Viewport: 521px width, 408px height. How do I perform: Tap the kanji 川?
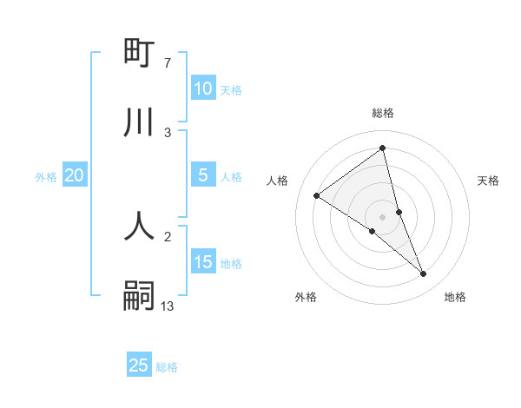point(139,122)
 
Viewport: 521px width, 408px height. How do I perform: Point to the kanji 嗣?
point(139,295)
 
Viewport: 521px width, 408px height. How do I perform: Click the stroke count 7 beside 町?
point(168,63)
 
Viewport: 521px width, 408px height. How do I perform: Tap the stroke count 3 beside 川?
point(168,132)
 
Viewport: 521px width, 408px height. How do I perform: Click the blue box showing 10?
point(202,89)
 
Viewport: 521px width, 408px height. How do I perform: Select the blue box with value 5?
point(202,175)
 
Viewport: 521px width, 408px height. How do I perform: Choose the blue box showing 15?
point(202,262)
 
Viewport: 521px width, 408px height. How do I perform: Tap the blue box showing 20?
point(74,175)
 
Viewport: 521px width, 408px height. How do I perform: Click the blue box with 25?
point(139,365)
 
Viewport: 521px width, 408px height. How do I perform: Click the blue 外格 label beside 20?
point(46,177)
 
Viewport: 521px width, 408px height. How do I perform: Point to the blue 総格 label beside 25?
point(167,367)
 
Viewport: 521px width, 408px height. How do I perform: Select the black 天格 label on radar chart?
point(488,181)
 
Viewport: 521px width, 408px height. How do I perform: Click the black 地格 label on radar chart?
point(455,297)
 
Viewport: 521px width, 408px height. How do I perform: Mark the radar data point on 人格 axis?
point(316,195)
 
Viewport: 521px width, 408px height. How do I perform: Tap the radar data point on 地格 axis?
point(424,274)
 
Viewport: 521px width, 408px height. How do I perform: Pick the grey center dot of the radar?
point(382,216)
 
